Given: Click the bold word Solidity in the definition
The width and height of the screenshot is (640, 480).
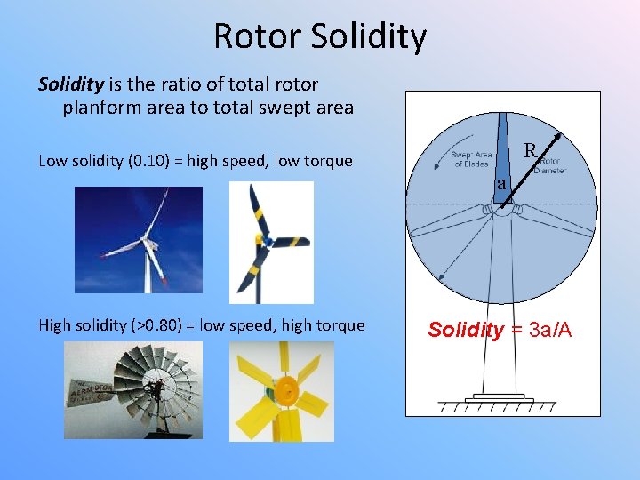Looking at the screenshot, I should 71,84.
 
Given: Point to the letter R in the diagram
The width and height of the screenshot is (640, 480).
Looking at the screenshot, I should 530,151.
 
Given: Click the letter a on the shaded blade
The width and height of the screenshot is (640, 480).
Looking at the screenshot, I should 502,184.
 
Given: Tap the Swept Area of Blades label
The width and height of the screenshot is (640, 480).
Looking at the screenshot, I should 471,159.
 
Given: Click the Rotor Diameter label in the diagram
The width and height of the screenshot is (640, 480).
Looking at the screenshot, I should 553,164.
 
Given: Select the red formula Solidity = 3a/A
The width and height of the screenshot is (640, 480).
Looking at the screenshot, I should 500,331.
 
